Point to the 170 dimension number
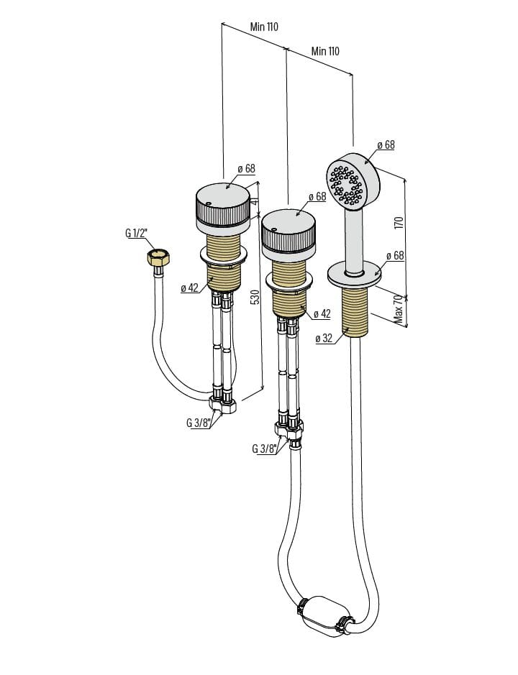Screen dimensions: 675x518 pos(399,223)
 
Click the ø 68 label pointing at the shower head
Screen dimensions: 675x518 pos(385,144)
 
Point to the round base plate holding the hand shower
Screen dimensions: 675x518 pos(353,274)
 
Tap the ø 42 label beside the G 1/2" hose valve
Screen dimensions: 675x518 pos(189,288)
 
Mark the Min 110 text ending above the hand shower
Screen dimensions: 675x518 pos(325,51)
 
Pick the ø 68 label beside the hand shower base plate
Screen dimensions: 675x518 pos(395,256)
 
